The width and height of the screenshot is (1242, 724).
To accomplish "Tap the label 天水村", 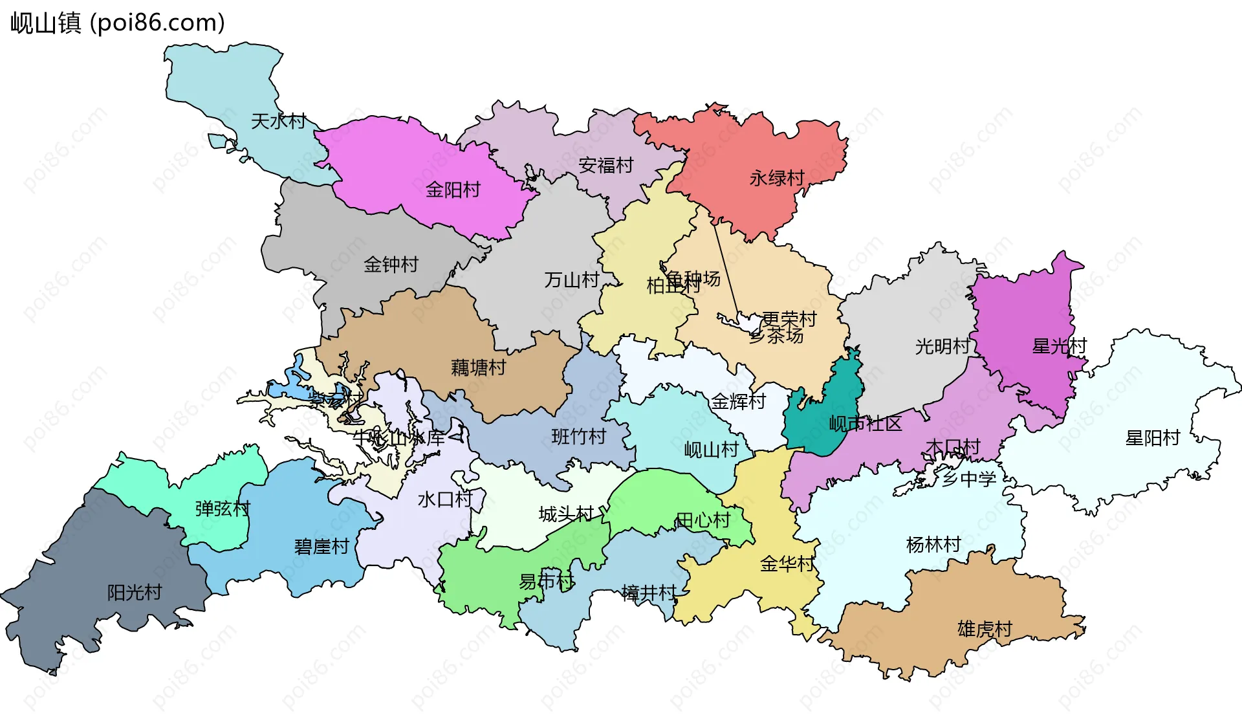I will tap(278, 121).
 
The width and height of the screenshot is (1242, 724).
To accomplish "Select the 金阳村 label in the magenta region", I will tap(453, 190).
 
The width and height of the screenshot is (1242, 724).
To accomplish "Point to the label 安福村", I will tap(605, 166).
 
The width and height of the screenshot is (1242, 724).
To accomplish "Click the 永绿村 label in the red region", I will tap(776, 178).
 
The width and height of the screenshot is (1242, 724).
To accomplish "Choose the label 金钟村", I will tap(391, 264).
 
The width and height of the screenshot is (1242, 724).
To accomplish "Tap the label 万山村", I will tap(571, 280).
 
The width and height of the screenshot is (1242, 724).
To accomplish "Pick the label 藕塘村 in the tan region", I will tap(478, 367).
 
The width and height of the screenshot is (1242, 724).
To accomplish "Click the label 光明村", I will tap(942, 346).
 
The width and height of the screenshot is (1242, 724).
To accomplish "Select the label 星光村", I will tap(1059, 346).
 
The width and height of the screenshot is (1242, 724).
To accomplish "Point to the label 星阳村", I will tap(1152, 438).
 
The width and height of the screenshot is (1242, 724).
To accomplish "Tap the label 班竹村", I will tap(578, 437).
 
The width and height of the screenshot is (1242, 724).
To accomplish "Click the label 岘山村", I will tap(711, 450).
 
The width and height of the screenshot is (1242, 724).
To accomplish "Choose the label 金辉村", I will tap(738, 402).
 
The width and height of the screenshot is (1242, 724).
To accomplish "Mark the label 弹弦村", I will tap(222, 509).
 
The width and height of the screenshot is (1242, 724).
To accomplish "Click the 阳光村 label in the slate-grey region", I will tap(134, 592).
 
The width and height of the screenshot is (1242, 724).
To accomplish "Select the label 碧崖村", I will tap(321, 547).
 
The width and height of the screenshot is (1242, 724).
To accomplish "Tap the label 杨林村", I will tap(933, 545).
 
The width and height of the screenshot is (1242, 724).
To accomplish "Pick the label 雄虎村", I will tap(984, 629).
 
